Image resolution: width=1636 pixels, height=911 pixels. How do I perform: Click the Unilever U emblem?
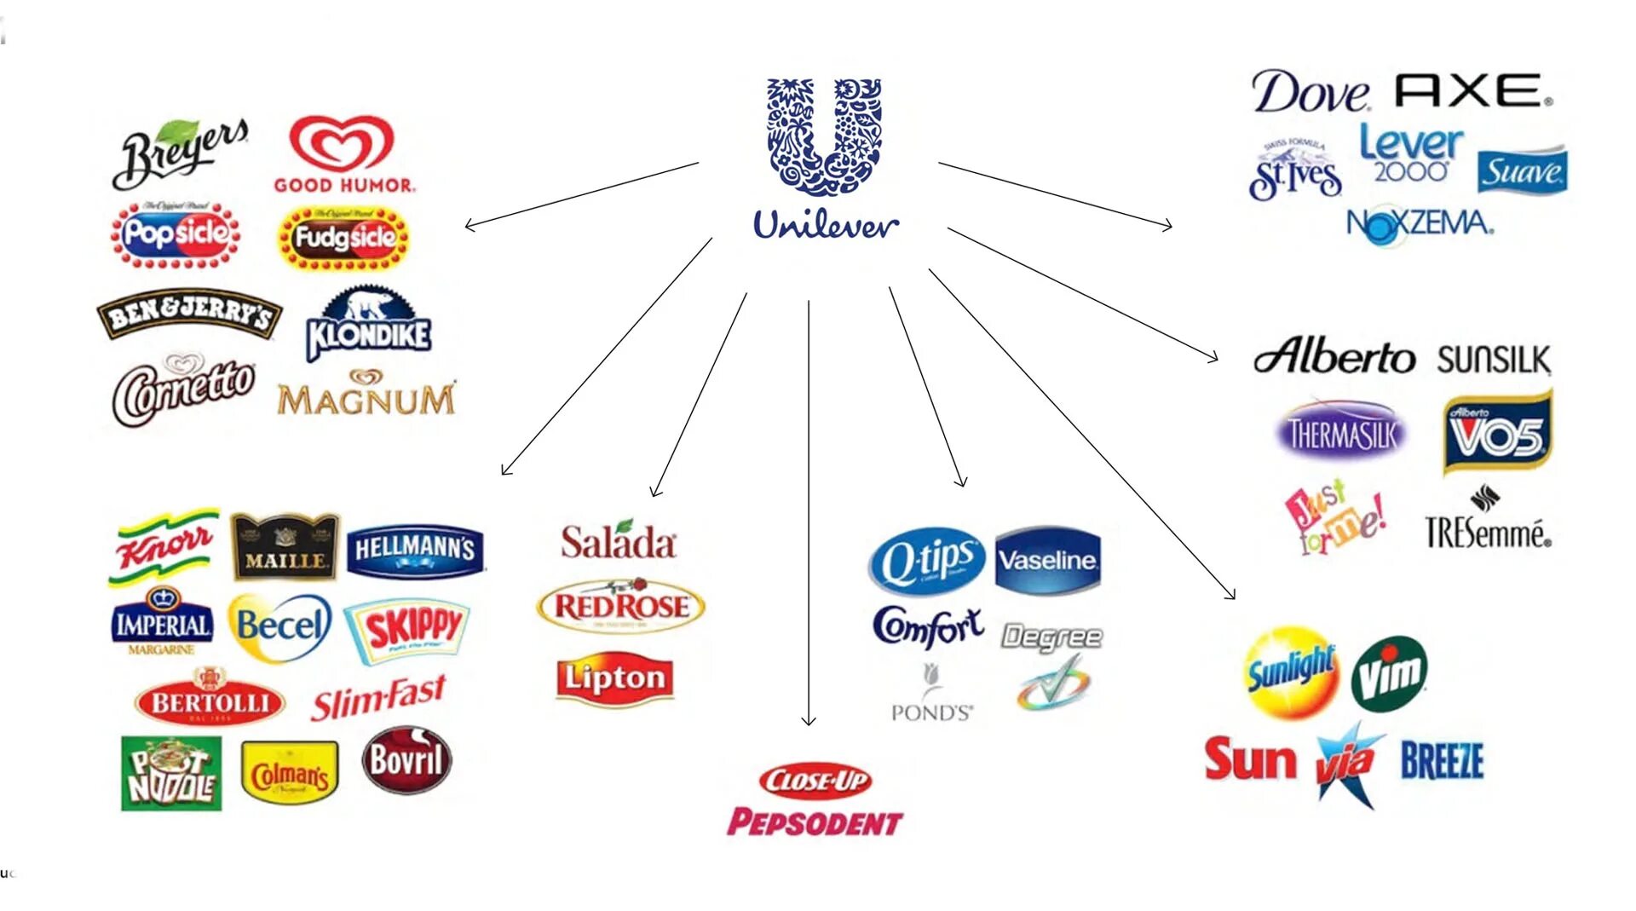click(824, 136)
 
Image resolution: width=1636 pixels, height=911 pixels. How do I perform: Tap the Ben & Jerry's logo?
click(189, 314)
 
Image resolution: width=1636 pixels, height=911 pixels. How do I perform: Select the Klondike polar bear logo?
click(368, 325)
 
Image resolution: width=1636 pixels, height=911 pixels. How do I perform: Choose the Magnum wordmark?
click(366, 395)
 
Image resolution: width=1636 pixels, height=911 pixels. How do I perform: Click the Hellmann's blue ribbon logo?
click(415, 550)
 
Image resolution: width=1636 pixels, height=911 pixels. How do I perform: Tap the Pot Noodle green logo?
click(171, 774)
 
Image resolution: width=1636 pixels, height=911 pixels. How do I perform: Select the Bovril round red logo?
click(406, 759)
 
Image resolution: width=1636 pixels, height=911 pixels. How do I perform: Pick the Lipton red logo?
click(614, 679)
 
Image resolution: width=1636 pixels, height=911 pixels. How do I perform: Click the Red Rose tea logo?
click(620, 606)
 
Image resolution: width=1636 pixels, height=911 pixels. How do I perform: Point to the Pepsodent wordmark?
click(815, 822)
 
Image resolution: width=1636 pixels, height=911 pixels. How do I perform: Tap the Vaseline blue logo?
click(1048, 560)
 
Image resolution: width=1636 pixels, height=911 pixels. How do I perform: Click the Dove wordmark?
click(1310, 92)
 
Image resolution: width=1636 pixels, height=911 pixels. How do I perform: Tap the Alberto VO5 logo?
click(1497, 432)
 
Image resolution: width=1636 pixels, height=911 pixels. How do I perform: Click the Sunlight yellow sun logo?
click(1291, 672)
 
